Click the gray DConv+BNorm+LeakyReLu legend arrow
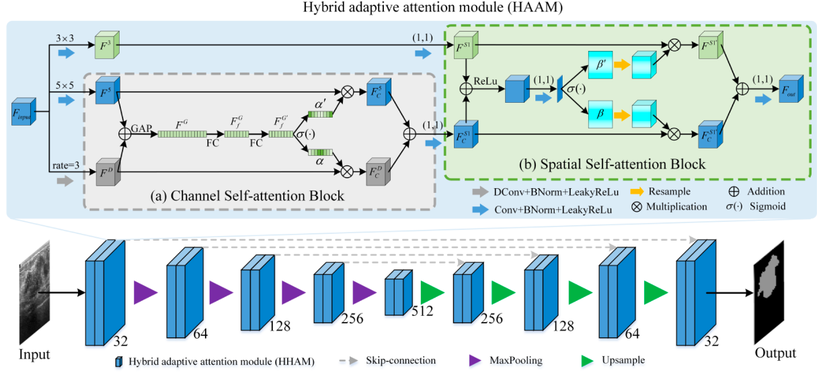point(479,192)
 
